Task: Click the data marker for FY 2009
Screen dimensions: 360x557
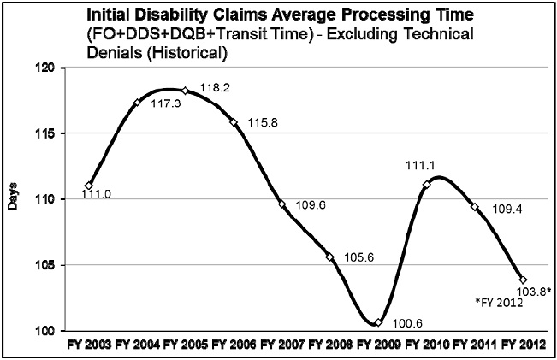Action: (x=378, y=322)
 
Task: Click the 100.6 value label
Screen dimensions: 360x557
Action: (x=406, y=325)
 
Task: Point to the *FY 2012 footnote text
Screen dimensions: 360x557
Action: (x=500, y=302)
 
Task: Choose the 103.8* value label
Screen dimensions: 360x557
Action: (x=534, y=291)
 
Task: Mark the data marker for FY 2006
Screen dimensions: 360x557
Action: (x=234, y=122)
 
